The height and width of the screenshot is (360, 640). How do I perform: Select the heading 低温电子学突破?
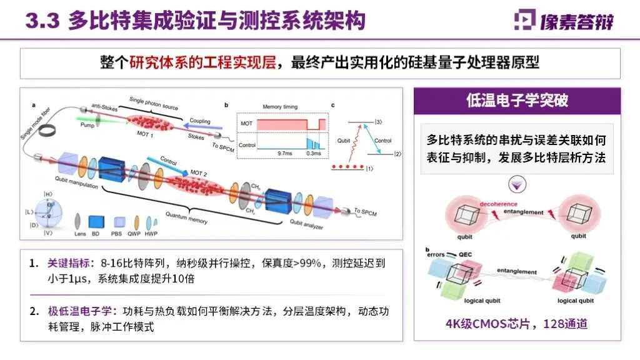[x=517, y=100]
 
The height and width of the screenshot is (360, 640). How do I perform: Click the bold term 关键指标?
[x=68, y=264]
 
